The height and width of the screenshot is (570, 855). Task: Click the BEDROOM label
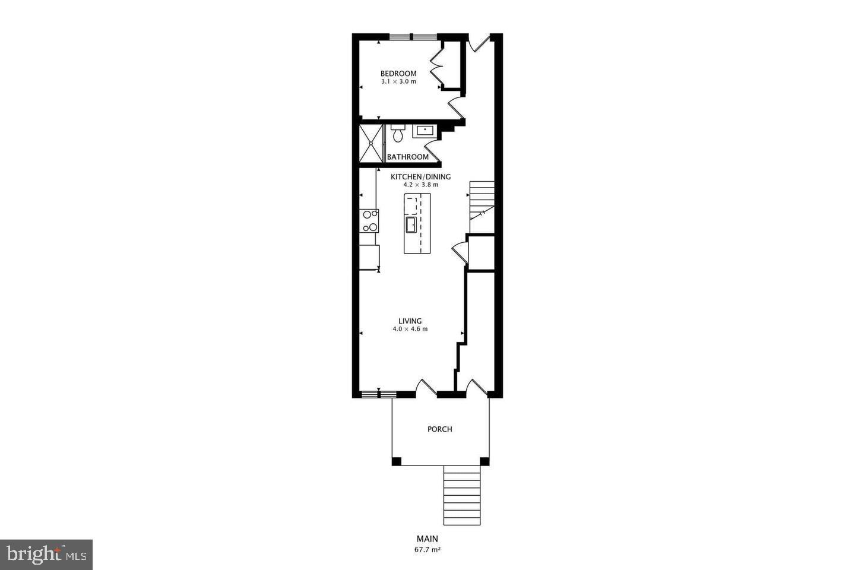tap(398, 74)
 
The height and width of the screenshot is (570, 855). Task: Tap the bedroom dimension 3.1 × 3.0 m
tap(398, 81)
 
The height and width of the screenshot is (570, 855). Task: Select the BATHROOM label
tap(407, 157)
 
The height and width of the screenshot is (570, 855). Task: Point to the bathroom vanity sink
tap(424, 131)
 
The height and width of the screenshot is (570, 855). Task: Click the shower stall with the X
tap(371, 143)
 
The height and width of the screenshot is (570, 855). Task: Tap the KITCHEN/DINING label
tap(420, 177)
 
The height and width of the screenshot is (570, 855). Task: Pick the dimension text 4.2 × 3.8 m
tap(420, 185)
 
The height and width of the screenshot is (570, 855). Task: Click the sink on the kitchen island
tap(411, 224)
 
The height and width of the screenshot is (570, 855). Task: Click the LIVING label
tap(410, 321)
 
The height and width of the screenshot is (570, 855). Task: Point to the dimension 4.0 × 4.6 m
tap(410, 329)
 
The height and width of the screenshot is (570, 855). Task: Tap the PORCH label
tap(440, 429)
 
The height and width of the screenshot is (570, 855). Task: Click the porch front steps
tap(462, 495)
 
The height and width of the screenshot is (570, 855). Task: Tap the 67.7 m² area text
tap(427, 550)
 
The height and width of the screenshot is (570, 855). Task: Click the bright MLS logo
tap(46, 555)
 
